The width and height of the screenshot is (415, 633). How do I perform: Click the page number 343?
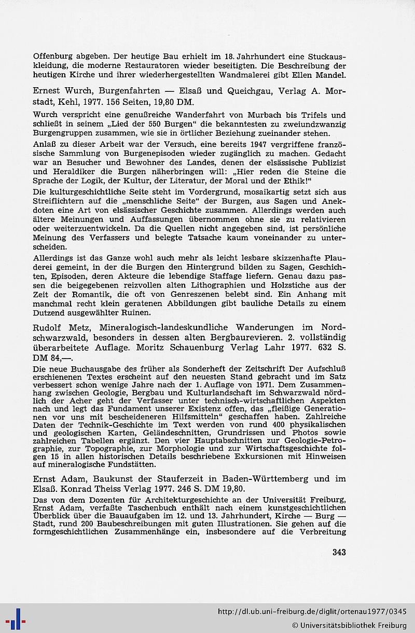coord(339,552)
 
